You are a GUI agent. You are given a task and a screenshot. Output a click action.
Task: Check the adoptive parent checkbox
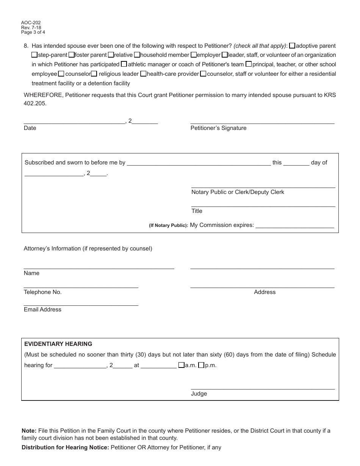(292, 46)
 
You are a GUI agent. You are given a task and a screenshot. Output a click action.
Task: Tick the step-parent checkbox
(34, 55)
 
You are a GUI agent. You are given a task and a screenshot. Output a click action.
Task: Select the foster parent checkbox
(71, 55)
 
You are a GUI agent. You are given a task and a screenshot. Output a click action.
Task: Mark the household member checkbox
(137, 55)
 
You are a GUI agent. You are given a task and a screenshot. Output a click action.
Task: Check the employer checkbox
(193, 55)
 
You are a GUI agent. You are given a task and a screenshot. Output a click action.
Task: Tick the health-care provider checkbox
(143, 74)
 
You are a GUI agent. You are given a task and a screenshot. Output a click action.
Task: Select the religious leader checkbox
(94, 74)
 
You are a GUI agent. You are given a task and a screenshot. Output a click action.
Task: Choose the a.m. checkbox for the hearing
(181, 366)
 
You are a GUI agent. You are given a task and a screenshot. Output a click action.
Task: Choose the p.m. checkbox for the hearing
(201, 366)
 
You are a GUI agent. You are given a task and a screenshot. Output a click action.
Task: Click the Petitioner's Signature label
(218, 128)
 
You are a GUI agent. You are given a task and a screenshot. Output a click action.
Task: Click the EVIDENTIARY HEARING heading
(58, 344)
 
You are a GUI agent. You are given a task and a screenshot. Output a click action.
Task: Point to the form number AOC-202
(31, 23)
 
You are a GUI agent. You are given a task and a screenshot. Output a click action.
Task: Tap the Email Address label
(42, 310)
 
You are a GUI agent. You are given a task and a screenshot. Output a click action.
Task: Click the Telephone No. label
(42, 292)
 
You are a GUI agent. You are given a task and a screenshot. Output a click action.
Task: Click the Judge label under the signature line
(199, 394)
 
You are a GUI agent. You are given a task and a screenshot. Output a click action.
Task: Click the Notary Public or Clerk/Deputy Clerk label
(238, 192)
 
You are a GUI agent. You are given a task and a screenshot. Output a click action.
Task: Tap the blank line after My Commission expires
(295, 226)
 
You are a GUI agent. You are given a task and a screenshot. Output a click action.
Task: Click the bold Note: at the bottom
(29, 431)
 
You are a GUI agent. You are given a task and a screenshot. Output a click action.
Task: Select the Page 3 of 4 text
(33, 32)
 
